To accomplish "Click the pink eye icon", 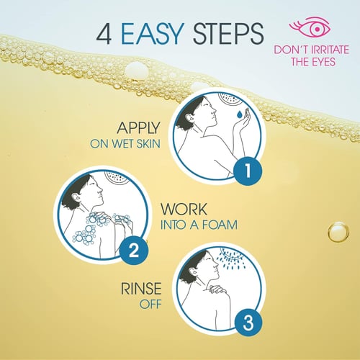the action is pos(311,27).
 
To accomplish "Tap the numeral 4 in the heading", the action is pos(104,34).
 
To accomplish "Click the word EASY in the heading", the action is pos(153,34).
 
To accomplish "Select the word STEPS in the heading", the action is pos(228,34).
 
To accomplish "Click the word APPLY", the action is pos(138,128).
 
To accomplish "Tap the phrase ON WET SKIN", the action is pos(125,144).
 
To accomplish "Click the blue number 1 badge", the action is pos(248,171).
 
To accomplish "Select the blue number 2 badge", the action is pos(134,251).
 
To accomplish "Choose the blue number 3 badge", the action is pos(248,323).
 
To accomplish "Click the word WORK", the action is pos(184,210).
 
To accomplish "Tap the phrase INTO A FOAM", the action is pos(199,225).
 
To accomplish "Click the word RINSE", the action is pos(141,289).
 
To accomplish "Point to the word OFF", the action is pos(150,305).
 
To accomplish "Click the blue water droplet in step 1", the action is pos(239,114).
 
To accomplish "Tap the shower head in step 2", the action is pos(117,177).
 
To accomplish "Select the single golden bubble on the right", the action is pos(338,232).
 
